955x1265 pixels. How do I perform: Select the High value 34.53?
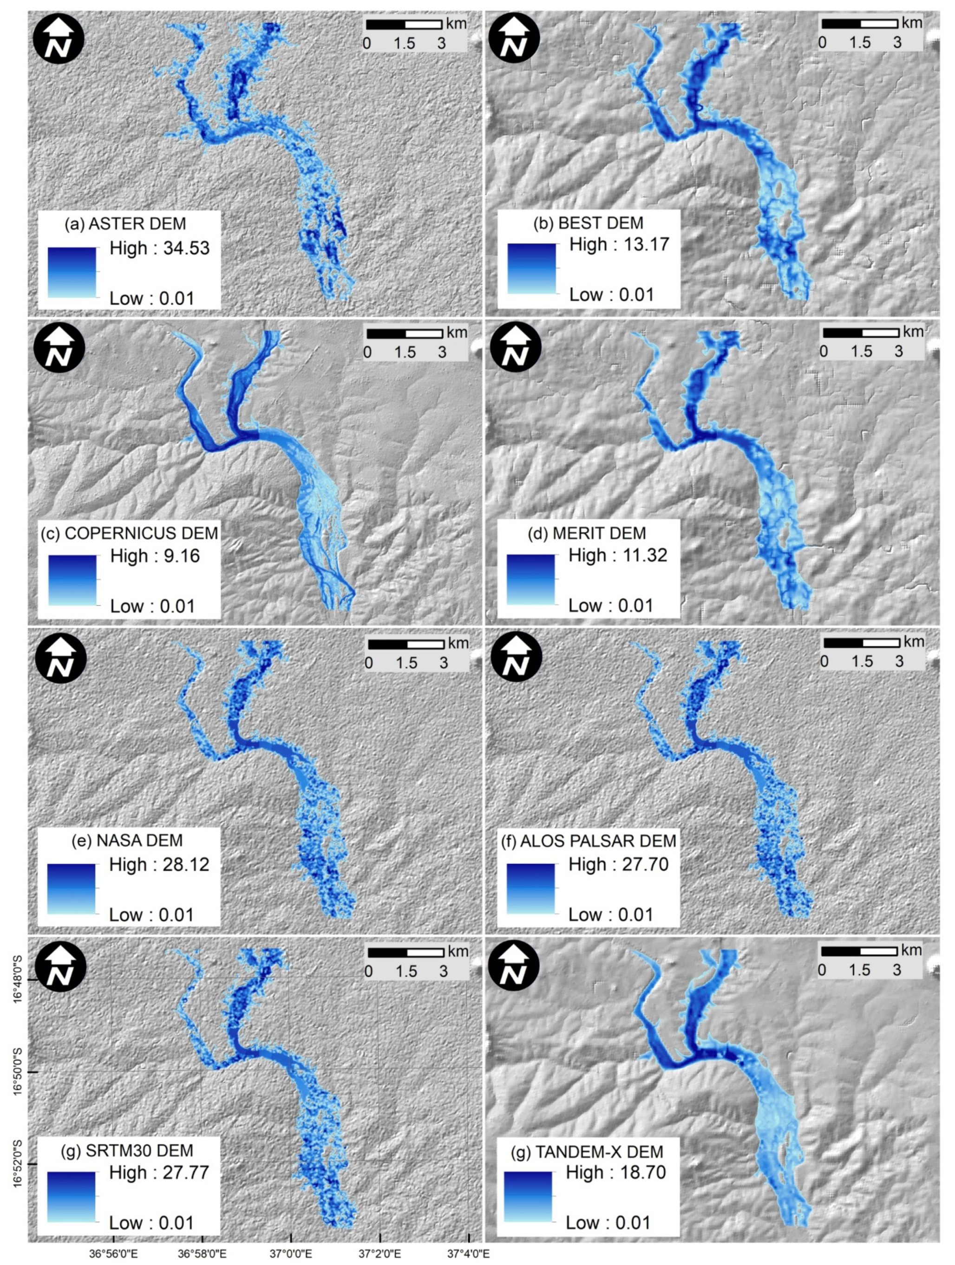point(186,248)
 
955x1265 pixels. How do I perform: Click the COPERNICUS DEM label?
point(130,533)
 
